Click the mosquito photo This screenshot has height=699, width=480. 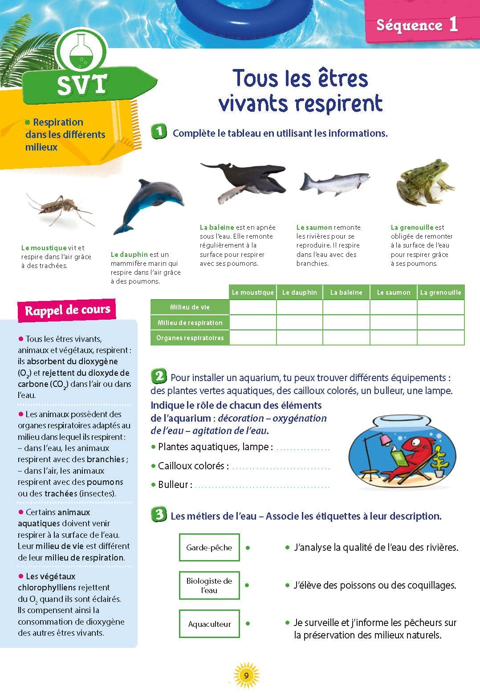[60, 208]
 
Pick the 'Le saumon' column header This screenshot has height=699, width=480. [394, 293]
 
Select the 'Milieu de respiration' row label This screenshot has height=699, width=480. [190, 322]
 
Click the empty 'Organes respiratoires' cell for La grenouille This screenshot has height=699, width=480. [440, 337]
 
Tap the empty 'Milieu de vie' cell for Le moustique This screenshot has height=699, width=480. [253, 307]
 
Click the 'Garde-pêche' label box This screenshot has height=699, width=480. [209, 547]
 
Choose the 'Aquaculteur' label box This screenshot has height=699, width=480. [209, 624]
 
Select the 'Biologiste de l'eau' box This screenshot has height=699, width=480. [209, 585]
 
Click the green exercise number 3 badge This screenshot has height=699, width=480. [159, 515]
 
